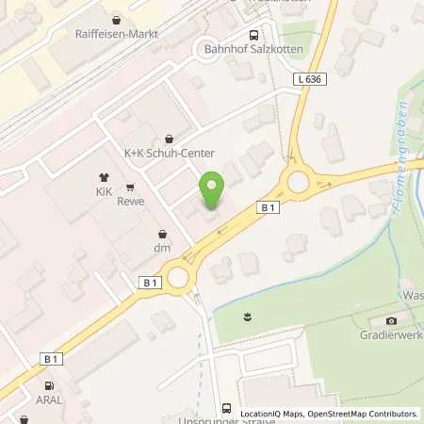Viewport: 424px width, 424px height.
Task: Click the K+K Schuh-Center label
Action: pyautogui.click(x=170, y=154)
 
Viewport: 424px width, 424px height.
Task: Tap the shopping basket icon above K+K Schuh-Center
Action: pyautogui.click(x=170, y=139)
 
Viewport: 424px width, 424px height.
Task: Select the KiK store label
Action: pyautogui.click(x=104, y=190)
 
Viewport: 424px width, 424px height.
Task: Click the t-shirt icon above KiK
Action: pyautogui.click(x=104, y=176)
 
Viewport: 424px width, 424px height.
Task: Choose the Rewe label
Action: pyautogui.click(x=130, y=201)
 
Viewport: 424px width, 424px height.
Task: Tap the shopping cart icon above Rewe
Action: pyautogui.click(x=130, y=187)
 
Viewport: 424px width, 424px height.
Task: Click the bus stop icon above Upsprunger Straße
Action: pyautogui.click(x=226, y=408)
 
